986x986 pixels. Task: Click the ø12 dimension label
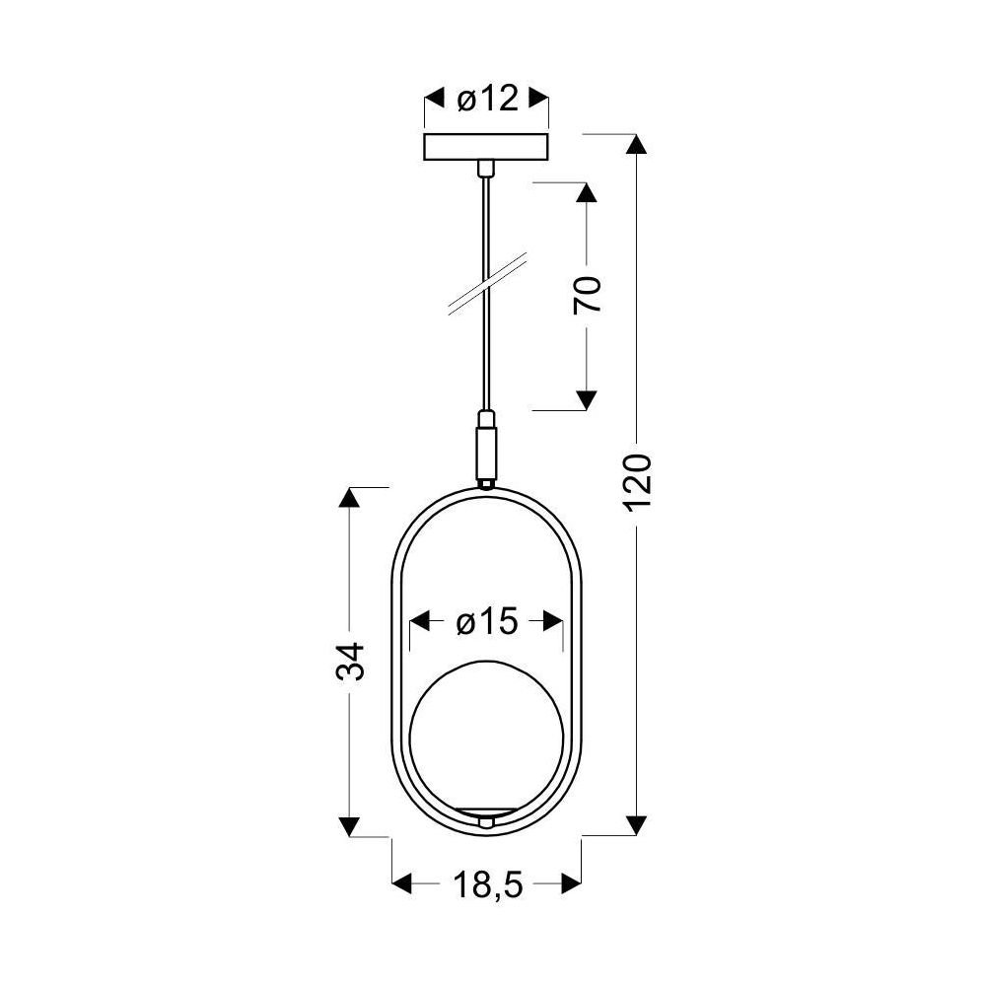tap(487, 99)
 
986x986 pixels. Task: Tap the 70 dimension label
tap(588, 294)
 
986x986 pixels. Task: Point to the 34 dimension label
tap(350, 661)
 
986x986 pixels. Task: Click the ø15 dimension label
tap(487, 622)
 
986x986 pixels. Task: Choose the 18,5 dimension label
tap(487, 884)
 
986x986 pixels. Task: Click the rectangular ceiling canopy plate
tap(486, 147)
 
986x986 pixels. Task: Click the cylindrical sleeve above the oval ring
tap(485, 451)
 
